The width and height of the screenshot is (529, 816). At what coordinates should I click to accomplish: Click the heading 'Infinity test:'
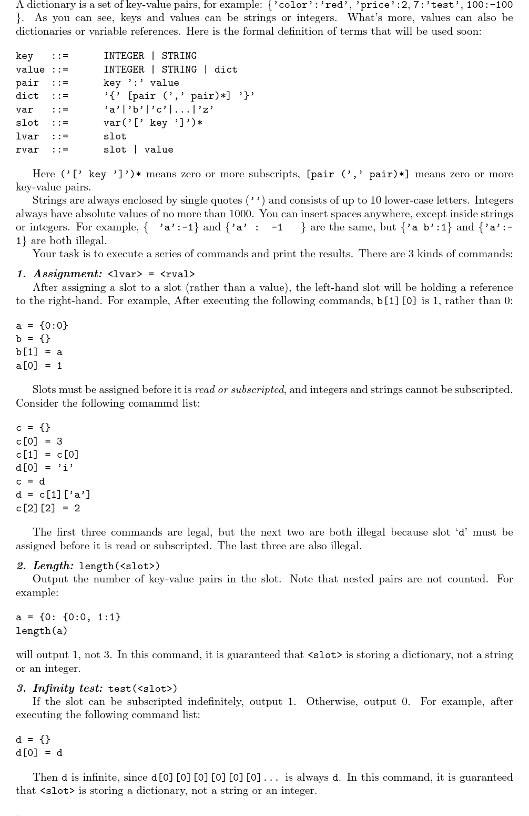[x=68, y=688]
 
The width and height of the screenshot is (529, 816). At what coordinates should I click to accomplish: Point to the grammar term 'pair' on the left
[x=27, y=83]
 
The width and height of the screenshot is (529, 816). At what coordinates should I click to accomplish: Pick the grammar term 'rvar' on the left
[x=27, y=149]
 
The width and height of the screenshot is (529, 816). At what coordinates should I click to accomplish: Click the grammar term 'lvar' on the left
[x=27, y=136]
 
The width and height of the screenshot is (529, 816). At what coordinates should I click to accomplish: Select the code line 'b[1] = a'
[x=39, y=352]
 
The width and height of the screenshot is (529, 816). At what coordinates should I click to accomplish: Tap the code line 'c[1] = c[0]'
[x=47, y=454]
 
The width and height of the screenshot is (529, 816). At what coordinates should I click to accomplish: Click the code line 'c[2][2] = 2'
[x=48, y=508]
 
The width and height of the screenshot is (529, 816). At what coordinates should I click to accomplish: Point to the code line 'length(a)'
[x=42, y=630]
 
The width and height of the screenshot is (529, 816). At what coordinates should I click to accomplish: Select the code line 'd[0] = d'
[x=39, y=752]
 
